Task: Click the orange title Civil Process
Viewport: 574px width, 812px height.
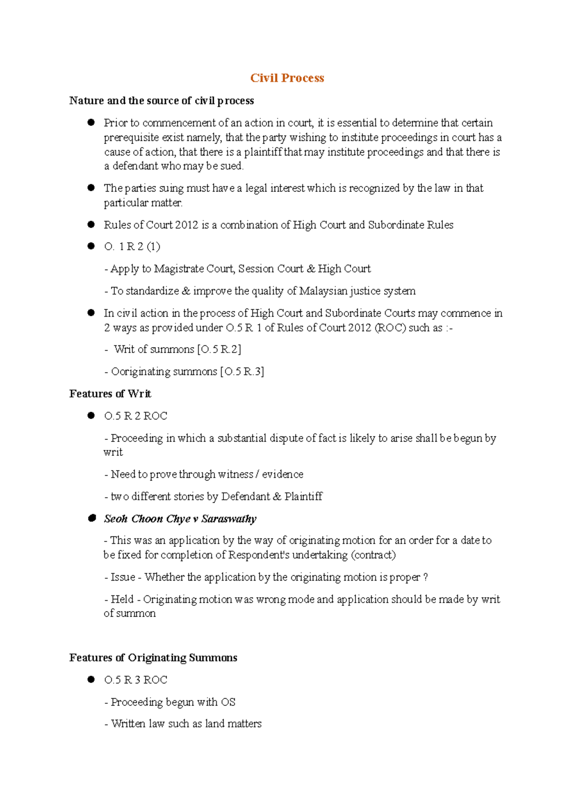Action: pyautogui.click(x=287, y=78)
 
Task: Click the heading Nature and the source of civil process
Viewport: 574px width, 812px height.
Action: pyautogui.click(x=161, y=100)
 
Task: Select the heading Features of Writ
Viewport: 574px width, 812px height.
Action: pyautogui.click(x=110, y=394)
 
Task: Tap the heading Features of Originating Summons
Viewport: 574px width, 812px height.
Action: pyautogui.click(x=153, y=658)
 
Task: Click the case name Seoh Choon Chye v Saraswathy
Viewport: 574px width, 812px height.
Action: pyautogui.click(x=180, y=519)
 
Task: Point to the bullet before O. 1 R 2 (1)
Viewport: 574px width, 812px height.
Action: pyautogui.click(x=91, y=246)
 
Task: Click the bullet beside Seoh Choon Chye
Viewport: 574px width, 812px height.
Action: pyautogui.click(x=91, y=518)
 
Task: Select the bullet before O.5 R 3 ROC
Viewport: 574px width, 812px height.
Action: pyautogui.click(x=91, y=679)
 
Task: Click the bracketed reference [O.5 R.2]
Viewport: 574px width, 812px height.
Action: pyautogui.click(x=219, y=350)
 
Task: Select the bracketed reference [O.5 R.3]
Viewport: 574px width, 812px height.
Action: pyautogui.click(x=242, y=372)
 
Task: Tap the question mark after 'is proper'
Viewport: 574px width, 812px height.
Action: pyautogui.click(x=426, y=577)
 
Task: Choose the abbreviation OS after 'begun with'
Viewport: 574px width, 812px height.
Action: pyautogui.click(x=228, y=702)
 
